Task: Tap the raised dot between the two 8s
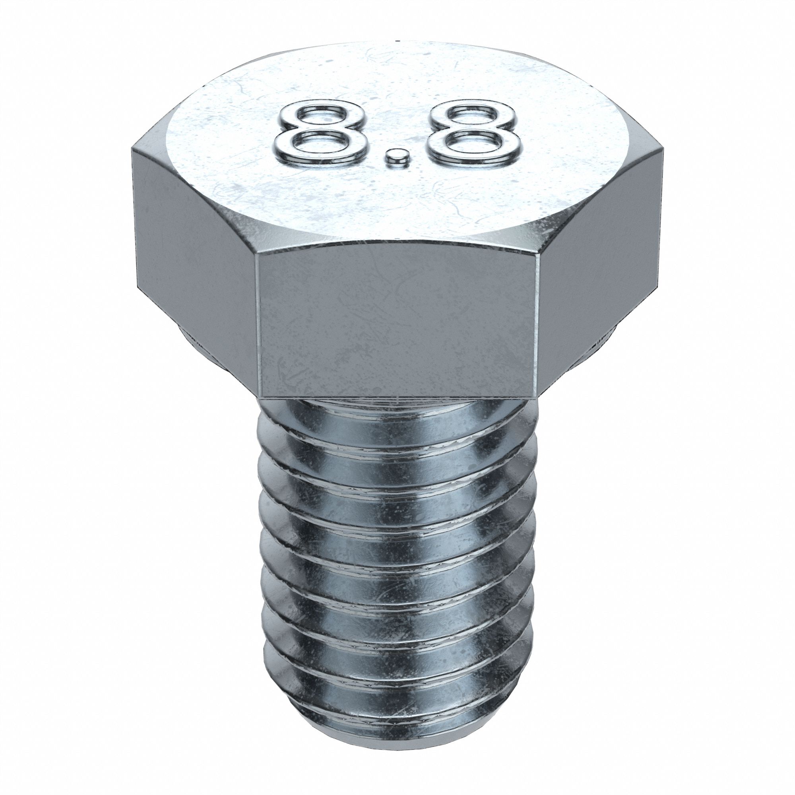(396, 157)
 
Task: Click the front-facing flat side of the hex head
(397, 325)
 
